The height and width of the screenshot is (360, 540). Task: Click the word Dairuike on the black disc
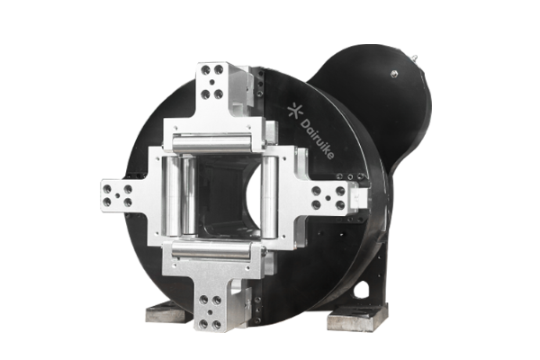coord(317,139)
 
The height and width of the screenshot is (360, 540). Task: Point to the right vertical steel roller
coord(269,196)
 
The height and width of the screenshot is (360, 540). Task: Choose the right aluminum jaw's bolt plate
coord(328,198)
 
